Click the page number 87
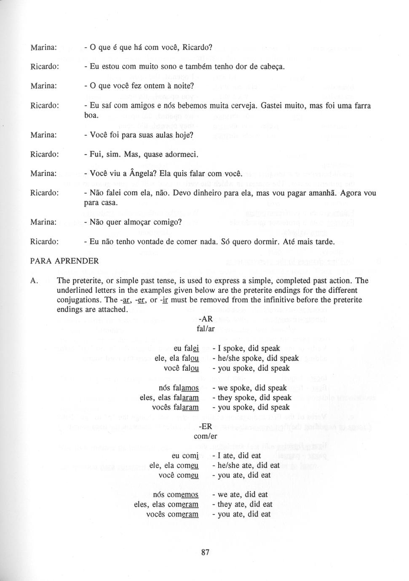point(205,553)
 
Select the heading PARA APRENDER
point(64,261)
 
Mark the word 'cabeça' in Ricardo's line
point(273,67)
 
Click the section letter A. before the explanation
point(35,281)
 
